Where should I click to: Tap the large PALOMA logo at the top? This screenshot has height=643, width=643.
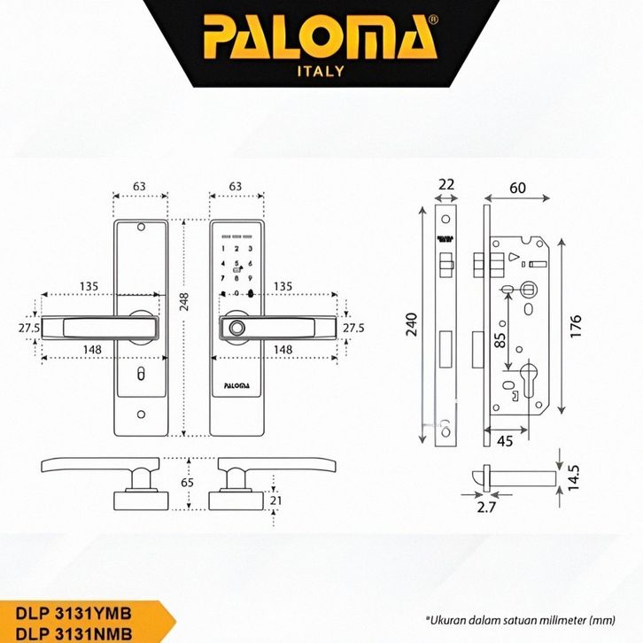pyautogui.click(x=321, y=38)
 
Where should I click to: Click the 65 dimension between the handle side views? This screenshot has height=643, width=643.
pyautogui.click(x=186, y=484)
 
